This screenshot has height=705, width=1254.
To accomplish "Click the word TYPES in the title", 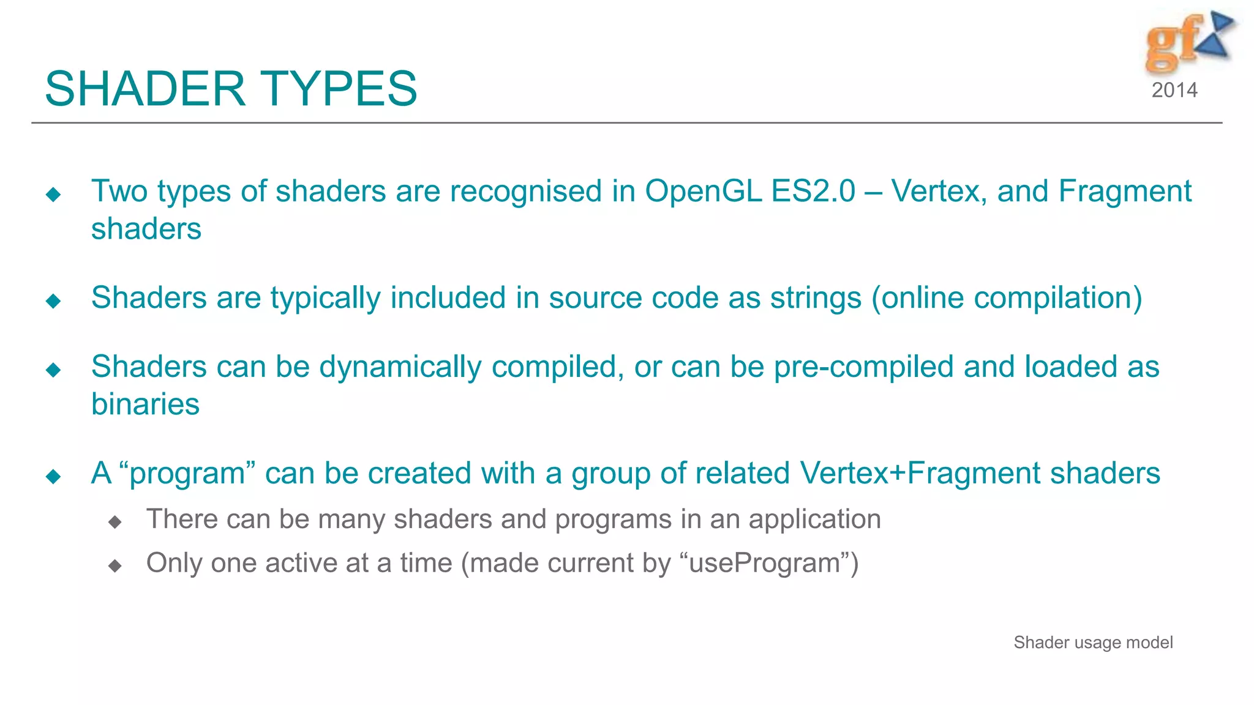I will (340, 89).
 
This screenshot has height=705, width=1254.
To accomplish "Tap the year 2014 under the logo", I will (1174, 91).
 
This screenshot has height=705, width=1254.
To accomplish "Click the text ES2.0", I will (813, 192).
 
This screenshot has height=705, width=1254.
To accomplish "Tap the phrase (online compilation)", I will (1007, 298).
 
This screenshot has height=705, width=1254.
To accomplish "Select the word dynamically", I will (400, 367).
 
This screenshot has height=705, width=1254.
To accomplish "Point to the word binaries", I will (145, 405).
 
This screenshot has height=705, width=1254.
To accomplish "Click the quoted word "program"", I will (187, 474).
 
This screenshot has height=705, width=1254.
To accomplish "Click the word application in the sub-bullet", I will (814, 520).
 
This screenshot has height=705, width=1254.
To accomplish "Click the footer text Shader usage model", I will (1093, 643).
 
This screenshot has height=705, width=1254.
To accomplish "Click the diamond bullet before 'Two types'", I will (53, 195).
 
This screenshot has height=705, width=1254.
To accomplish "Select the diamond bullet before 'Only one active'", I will (115, 565).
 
